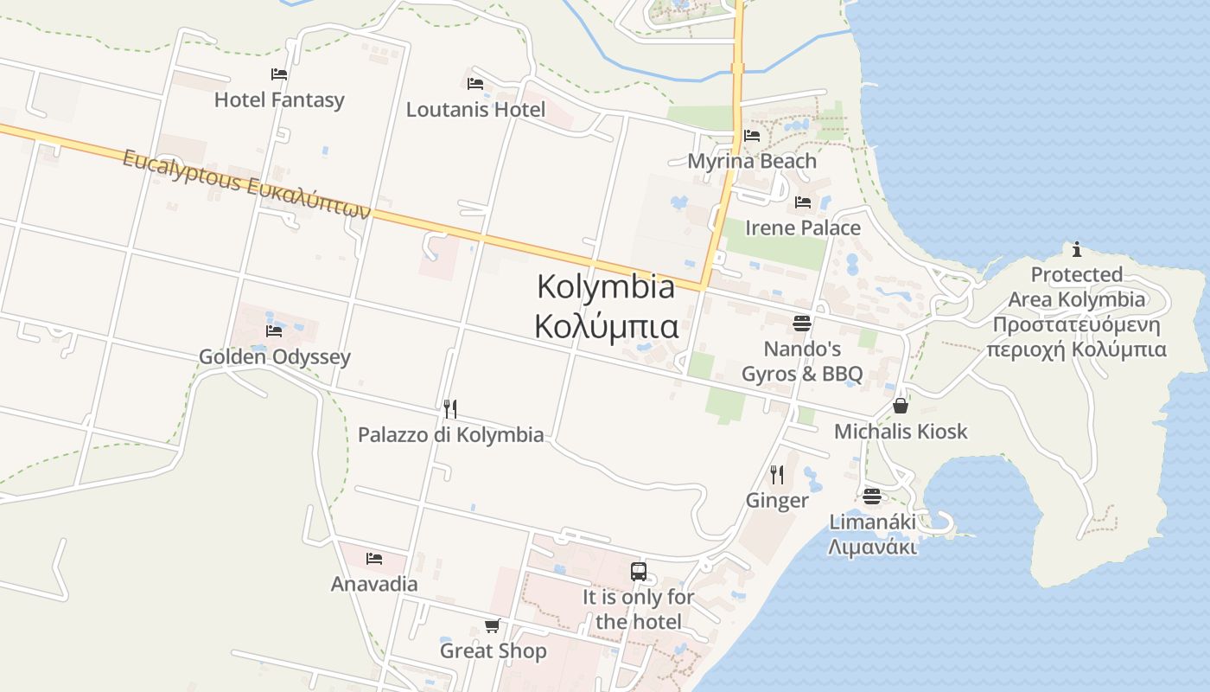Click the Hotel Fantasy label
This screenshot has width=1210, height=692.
(x=279, y=100)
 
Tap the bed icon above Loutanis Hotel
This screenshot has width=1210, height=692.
(x=474, y=84)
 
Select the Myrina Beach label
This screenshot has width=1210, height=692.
(x=752, y=161)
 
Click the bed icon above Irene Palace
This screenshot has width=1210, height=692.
(x=803, y=203)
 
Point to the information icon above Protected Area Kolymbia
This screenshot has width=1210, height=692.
(x=1076, y=250)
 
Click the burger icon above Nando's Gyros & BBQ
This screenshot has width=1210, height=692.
(x=802, y=324)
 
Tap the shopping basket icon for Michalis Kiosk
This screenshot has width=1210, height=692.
(x=901, y=406)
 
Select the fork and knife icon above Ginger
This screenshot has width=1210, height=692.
(x=777, y=475)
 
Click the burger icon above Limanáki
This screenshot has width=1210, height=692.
(x=871, y=497)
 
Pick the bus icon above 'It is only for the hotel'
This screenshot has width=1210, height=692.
(x=639, y=572)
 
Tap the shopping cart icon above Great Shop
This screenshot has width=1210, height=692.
(x=492, y=625)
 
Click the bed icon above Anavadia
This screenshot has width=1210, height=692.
(x=374, y=559)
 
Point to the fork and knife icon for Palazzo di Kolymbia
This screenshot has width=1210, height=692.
(x=450, y=409)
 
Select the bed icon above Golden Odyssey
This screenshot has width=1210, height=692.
(x=274, y=331)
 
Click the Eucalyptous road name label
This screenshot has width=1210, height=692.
(x=246, y=184)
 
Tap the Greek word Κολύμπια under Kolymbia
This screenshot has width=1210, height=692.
(x=606, y=328)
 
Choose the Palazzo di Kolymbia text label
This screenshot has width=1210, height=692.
(x=451, y=434)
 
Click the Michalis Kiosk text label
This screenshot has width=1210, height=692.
(x=901, y=432)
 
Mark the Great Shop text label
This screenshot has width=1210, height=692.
(x=494, y=650)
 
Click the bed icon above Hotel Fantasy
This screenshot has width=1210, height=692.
(x=278, y=74)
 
